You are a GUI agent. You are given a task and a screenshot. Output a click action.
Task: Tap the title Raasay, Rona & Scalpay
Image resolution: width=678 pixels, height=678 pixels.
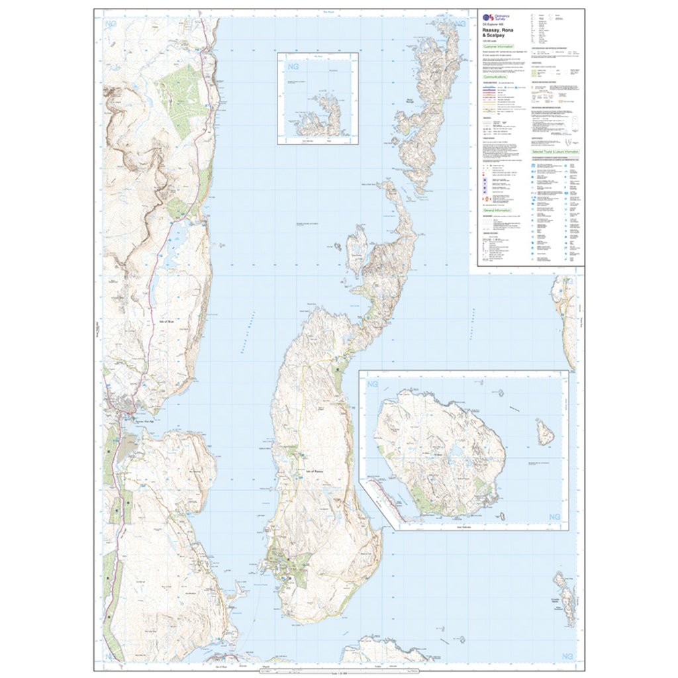click(x=500, y=34)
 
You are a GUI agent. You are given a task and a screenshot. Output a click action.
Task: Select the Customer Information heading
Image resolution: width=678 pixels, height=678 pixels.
click(x=498, y=47)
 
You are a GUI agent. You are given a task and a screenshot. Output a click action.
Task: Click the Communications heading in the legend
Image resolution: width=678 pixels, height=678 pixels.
click(x=497, y=77)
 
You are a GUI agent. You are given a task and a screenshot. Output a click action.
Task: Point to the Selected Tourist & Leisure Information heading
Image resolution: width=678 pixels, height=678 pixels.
click(x=556, y=152)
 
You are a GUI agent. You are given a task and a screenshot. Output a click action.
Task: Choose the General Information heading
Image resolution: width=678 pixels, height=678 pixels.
click(x=497, y=210)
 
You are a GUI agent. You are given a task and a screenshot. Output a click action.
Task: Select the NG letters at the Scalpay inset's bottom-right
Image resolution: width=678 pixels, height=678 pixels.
click(x=555, y=516)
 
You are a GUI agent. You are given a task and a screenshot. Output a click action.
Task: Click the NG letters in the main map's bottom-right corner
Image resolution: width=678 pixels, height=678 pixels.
click(x=568, y=655)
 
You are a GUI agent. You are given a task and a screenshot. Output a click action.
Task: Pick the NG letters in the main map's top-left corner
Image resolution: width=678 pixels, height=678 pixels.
click(x=111, y=25)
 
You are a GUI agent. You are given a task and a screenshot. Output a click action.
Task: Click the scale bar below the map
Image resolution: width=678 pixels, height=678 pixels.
click(x=339, y=671)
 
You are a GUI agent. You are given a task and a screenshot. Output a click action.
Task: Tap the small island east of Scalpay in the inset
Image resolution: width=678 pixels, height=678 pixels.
click(x=546, y=432)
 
